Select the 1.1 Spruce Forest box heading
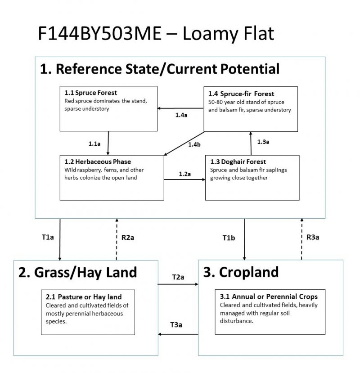91,93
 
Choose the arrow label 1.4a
181,116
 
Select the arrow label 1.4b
194,144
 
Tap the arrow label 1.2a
184,173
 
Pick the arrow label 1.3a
263,142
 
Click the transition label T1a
48,237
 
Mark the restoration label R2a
128,237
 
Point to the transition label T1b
229,237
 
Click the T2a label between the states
178,277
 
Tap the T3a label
176,324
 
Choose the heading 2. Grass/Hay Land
78,272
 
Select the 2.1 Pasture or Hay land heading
84,297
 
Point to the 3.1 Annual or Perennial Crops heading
269,297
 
